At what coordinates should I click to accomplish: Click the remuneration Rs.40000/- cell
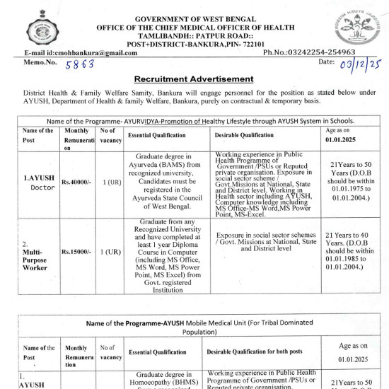click(x=77, y=183)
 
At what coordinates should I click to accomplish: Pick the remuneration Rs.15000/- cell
click(x=77, y=251)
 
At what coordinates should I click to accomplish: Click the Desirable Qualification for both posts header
click(x=256, y=352)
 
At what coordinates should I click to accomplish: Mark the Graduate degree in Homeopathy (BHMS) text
click(x=164, y=378)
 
